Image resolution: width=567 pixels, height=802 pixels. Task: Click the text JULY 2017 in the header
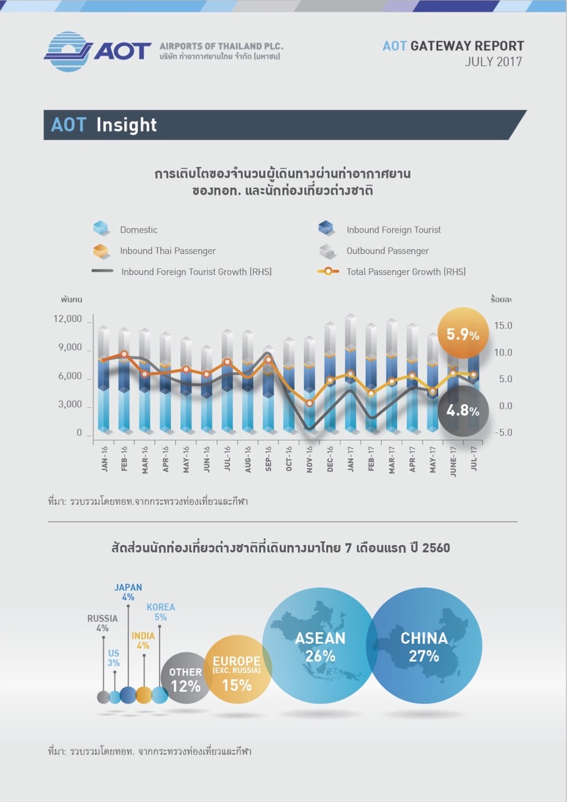[493, 62]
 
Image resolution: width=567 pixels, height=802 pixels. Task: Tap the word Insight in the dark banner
[126, 125]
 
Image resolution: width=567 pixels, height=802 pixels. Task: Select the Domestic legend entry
[138, 230]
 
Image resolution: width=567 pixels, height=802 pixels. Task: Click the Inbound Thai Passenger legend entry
[167, 251]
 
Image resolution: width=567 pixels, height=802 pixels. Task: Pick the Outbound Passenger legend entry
[387, 251]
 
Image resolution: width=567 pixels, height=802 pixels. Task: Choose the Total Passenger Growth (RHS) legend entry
[406, 271]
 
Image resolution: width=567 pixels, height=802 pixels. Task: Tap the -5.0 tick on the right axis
[503, 432]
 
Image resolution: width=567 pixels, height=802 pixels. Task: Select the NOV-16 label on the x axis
[310, 458]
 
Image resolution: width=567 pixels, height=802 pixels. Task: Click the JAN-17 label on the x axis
[351, 458]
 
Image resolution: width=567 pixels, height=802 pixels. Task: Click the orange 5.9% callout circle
[463, 334]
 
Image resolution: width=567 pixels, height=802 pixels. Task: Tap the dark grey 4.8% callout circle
[463, 410]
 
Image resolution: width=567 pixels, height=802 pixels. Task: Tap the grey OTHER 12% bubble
[186, 680]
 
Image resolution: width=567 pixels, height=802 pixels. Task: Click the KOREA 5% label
[161, 612]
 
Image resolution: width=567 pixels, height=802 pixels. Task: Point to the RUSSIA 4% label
[102, 623]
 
